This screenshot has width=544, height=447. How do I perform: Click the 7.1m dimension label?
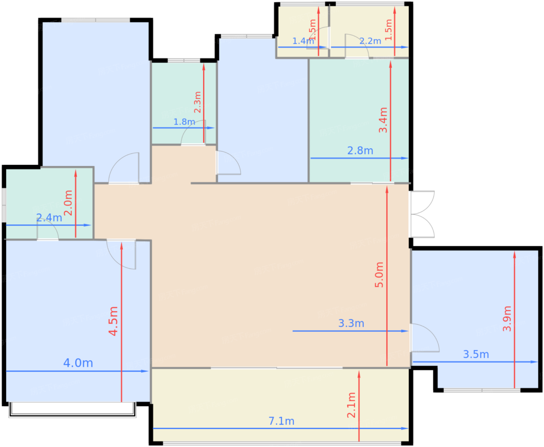point(281,421)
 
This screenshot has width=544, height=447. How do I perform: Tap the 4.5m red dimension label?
point(113,321)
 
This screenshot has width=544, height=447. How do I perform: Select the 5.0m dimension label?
point(379,274)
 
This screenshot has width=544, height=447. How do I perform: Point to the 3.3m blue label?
point(351,323)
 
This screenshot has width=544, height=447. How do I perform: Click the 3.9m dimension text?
point(507,319)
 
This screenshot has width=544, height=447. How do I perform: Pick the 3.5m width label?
point(476,354)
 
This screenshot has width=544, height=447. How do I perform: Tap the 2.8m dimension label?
point(360,150)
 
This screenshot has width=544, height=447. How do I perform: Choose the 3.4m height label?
point(383,120)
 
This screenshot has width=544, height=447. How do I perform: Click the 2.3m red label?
point(197,102)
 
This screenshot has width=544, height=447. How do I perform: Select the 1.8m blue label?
point(184,122)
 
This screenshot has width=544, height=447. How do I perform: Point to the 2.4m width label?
point(49,218)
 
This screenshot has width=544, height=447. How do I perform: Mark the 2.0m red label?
point(68,203)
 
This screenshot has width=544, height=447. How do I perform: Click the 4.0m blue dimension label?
point(78,363)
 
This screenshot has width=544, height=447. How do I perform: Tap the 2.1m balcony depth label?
point(351,405)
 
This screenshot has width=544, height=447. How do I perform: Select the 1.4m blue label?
point(303,41)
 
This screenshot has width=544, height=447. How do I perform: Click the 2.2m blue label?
point(370,41)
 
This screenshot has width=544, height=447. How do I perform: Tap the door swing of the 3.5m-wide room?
point(425,337)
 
